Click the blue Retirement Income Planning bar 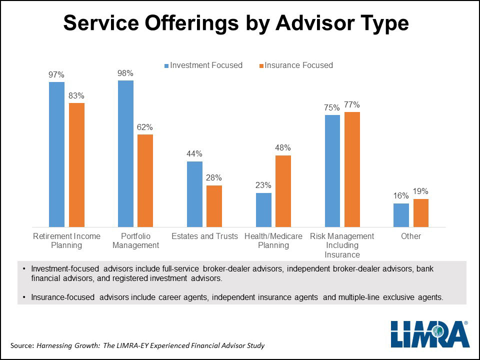click(56, 154)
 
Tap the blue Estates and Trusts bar click(194, 194)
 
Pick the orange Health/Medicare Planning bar click(283, 191)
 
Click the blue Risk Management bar click(332, 171)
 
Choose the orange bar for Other click(421, 213)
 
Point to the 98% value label click(125, 73)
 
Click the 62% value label click(145, 127)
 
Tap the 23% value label click(263, 185)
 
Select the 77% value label click(352, 104)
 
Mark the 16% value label click(401, 196)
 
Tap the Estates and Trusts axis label click(204, 236)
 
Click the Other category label click(411, 236)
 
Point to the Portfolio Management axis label click(135, 240)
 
